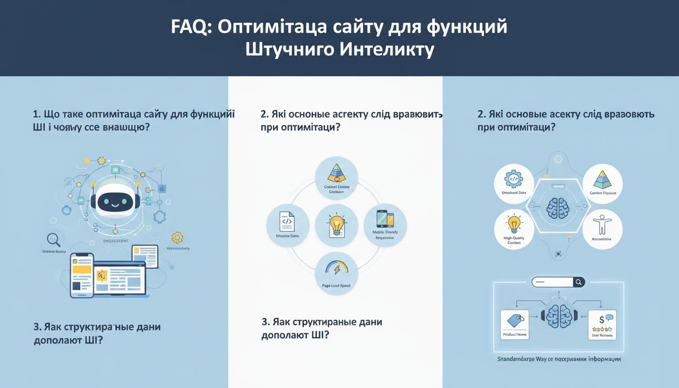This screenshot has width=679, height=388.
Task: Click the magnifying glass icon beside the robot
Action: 53,239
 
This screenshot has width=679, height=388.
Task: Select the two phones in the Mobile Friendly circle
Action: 385,219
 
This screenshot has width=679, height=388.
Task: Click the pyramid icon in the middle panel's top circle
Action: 336,173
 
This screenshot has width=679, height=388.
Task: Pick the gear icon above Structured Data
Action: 513,179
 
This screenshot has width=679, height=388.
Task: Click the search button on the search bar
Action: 579,282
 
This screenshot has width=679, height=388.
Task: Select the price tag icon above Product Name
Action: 514,320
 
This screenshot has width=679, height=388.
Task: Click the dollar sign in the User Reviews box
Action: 602,319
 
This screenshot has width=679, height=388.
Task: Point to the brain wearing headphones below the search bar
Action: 558,316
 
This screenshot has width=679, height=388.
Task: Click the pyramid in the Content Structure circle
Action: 602,179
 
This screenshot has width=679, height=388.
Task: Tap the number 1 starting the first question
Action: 35,114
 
